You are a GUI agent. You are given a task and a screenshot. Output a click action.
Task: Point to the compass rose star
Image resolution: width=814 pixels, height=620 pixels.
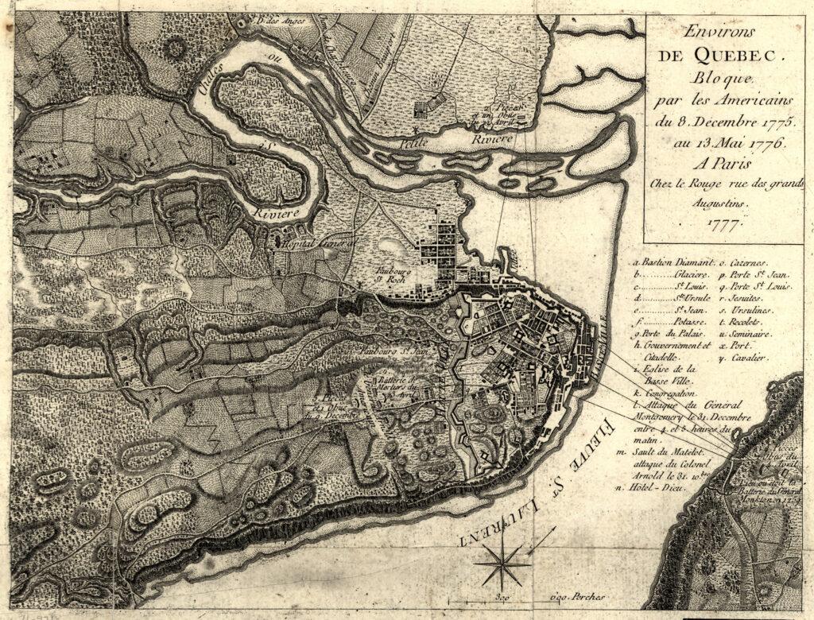[502, 563]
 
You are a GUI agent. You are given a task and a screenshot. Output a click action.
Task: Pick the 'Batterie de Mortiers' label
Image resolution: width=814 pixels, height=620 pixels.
[395, 386]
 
